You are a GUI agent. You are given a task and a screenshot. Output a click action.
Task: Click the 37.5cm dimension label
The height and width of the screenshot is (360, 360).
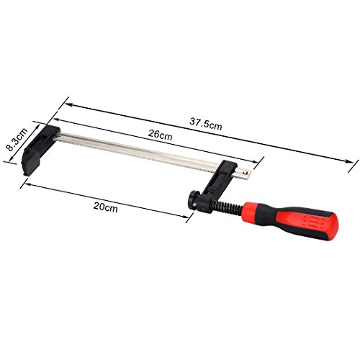[206, 124]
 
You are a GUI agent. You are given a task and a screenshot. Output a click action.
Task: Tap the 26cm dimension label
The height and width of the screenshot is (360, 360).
[160, 135]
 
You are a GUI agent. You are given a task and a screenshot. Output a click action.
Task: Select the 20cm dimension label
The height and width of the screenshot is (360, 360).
[106, 207]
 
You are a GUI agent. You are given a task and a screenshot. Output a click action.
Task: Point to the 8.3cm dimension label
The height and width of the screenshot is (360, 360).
[17, 139]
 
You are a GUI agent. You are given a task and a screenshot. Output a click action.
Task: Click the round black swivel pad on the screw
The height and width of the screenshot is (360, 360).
[192, 200]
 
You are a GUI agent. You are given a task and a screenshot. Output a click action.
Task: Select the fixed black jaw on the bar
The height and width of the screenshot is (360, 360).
[40, 149]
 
